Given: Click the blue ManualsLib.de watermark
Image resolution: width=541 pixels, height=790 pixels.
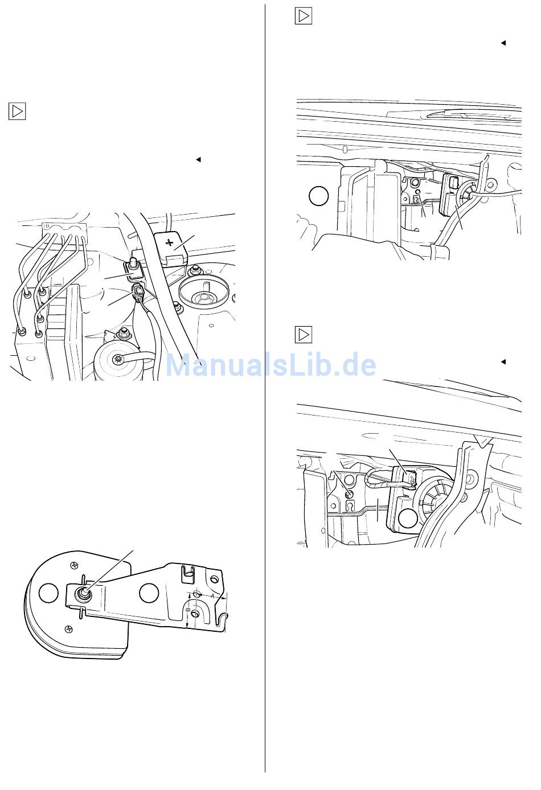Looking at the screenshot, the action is tap(270, 365).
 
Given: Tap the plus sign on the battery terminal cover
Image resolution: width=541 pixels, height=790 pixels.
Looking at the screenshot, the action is tap(170, 243).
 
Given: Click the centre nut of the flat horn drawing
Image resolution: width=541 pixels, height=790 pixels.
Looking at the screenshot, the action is tap(84, 595).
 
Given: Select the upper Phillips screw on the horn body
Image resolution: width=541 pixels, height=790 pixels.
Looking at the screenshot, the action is tap(75, 565).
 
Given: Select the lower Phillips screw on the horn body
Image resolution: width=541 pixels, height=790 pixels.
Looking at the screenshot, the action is tap(69, 628).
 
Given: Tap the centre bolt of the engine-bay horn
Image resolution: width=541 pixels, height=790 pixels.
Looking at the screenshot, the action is tap(116, 360).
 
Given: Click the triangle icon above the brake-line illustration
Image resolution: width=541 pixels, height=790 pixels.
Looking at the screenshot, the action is tap(17, 112).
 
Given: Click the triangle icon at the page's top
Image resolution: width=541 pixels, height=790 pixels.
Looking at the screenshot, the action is tap(304, 16).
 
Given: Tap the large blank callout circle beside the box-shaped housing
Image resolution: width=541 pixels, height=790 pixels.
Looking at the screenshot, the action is tap(319, 196).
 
